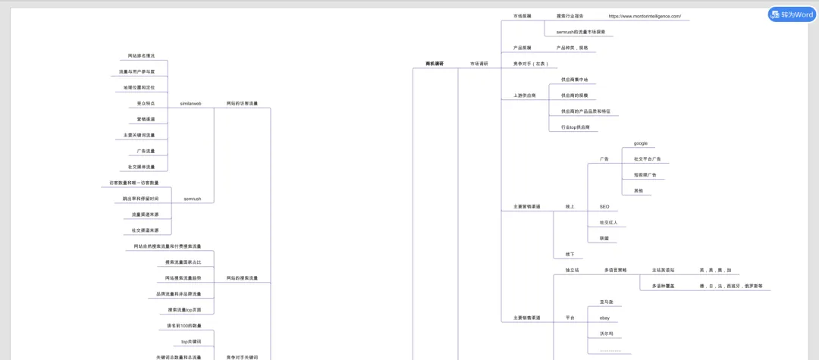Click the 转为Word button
point(792,15)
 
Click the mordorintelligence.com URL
point(645,16)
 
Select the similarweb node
point(190,103)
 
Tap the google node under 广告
point(641,143)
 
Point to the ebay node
point(604,318)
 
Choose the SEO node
point(604,206)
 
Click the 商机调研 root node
point(435,64)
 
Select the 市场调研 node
point(479,64)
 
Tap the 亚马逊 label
point(606,302)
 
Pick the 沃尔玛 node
point(606,333)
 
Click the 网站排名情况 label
point(141,56)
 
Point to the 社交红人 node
point(608,223)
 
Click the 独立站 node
point(572,270)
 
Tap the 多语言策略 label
point(616,270)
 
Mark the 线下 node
point(570,254)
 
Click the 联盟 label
point(604,239)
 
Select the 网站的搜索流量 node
point(242,278)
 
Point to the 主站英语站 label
point(664,270)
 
